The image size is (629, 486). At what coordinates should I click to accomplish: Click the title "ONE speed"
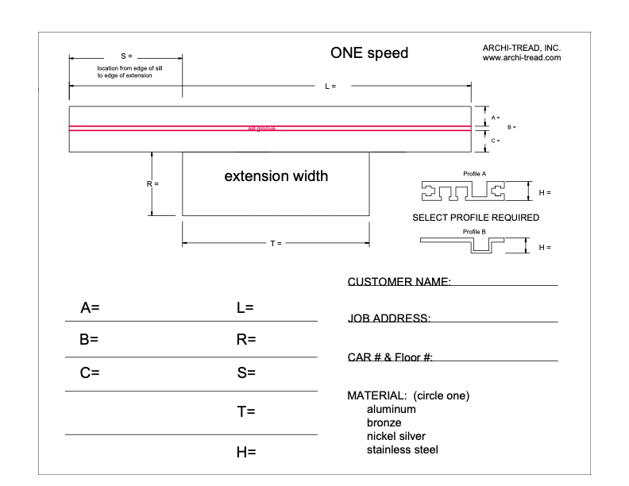pyautogui.click(x=369, y=54)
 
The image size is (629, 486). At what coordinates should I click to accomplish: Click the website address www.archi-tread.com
pyautogui.click(x=522, y=58)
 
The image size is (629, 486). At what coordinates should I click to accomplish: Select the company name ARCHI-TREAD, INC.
pyautogui.click(x=522, y=48)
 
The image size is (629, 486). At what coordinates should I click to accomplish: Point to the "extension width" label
pyautogui.click(x=276, y=176)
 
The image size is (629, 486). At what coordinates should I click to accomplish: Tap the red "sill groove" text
pyautogui.click(x=261, y=129)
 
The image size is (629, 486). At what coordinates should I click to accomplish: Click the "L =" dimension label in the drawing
pyautogui.click(x=330, y=86)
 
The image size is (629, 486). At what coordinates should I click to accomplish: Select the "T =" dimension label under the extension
pyautogui.click(x=276, y=243)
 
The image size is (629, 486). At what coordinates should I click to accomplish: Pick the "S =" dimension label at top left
pyautogui.click(x=126, y=56)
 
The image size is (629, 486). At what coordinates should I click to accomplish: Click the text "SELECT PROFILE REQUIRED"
pyautogui.click(x=476, y=217)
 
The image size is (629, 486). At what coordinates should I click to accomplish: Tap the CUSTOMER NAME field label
pyautogui.click(x=399, y=282)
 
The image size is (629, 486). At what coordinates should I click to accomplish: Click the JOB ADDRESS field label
pyautogui.click(x=389, y=318)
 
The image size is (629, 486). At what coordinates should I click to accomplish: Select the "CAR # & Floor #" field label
pyautogui.click(x=390, y=357)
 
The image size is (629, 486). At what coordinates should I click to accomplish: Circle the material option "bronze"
pyautogui.click(x=384, y=423)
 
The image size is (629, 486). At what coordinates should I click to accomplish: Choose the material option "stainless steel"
pyautogui.click(x=402, y=450)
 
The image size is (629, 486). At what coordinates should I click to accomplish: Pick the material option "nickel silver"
pyautogui.click(x=396, y=437)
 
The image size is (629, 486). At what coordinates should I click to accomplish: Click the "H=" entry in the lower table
pyautogui.click(x=245, y=453)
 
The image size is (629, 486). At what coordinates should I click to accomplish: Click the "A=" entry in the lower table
pyautogui.click(x=90, y=307)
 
